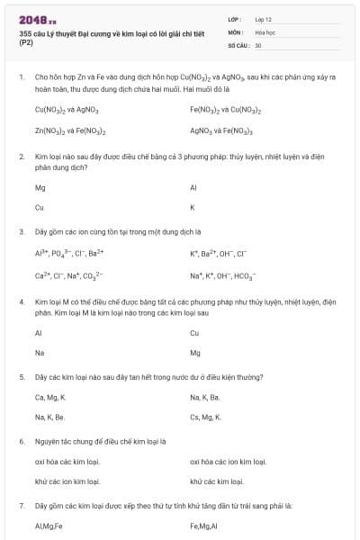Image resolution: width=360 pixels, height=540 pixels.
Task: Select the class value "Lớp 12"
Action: [265, 19]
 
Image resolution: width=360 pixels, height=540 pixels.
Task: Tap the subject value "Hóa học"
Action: [265, 31]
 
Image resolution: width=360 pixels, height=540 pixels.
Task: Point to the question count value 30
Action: [258, 44]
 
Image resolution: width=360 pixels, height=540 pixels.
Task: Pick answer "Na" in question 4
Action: [40, 352]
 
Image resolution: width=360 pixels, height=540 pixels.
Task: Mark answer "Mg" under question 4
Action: [195, 352]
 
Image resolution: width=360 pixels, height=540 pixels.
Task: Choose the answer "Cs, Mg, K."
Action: [206, 418]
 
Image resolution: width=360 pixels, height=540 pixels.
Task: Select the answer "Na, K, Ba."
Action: [205, 396]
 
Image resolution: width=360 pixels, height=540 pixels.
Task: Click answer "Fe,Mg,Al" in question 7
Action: [204, 527]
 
